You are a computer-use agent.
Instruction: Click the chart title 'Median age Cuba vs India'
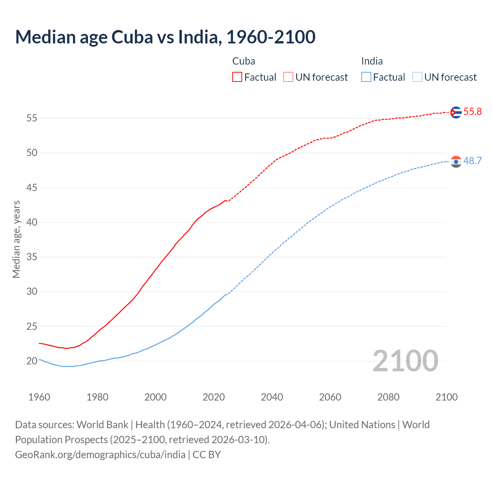165,37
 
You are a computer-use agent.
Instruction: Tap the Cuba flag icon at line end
456,112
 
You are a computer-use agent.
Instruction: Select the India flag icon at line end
456,161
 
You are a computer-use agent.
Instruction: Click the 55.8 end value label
472,112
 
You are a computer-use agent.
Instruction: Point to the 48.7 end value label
472,161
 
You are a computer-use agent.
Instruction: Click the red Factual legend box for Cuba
237,77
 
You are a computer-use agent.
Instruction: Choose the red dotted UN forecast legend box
288,77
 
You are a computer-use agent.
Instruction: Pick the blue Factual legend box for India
366,77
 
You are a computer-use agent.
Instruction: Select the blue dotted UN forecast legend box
417,77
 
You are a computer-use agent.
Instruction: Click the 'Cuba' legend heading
244,61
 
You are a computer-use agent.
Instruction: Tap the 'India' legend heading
372,61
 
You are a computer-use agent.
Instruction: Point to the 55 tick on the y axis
32,118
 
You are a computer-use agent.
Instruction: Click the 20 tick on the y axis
32,361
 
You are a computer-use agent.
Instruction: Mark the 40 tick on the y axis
32,223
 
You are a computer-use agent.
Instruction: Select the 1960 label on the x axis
39,397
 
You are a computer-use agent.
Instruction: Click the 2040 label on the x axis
272,397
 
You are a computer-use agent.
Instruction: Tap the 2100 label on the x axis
446,397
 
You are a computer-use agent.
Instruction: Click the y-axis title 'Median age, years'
16,239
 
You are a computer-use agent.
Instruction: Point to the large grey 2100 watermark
405,361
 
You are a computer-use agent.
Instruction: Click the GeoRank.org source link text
100,455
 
